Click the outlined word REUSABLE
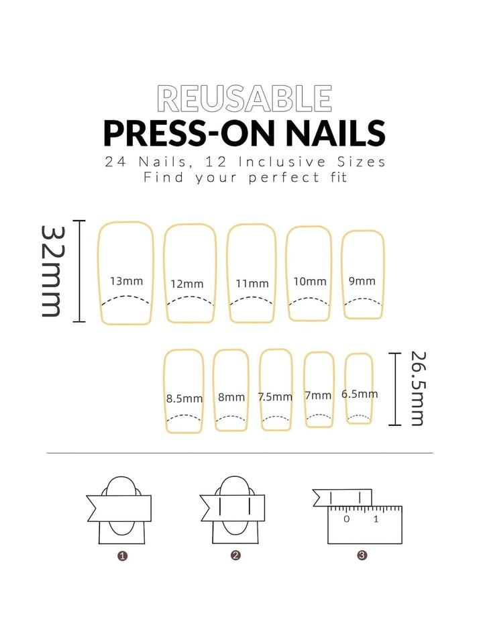(x=244, y=99)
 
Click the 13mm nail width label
(x=126, y=281)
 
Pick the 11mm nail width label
(x=252, y=283)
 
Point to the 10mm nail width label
(x=309, y=281)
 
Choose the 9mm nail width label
(x=362, y=281)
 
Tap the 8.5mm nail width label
(x=184, y=398)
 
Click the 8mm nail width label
(x=231, y=397)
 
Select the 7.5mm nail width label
(x=276, y=396)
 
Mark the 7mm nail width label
(x=318, y=395)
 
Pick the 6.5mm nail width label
(x=359, y=394)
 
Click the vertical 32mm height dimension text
(x=52, y=271)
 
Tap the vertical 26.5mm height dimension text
(x=417, y=388)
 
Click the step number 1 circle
(x=122, y=555)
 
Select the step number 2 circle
(x=235, y=555)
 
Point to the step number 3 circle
(x=362, y=555)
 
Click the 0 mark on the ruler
(x=346, y=519)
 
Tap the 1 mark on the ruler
(x=376, y=519)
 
